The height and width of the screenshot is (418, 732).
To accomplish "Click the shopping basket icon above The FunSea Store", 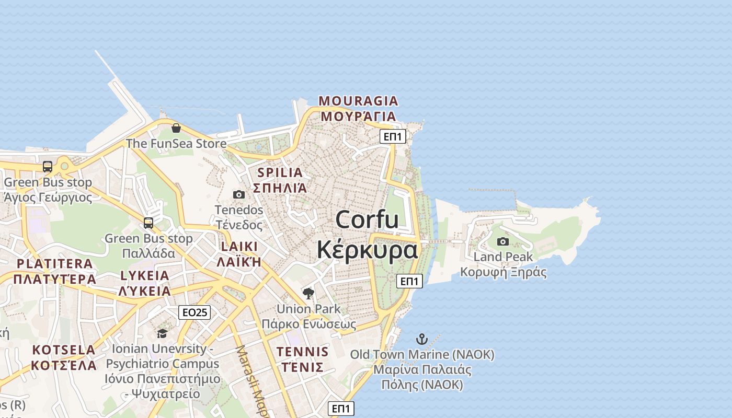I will pyautogui.click(x=176, y=128).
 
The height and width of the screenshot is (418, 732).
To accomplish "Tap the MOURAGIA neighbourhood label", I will pyautogui.click(x=359, y=101).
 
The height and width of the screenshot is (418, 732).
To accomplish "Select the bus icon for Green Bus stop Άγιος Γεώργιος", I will pyautogui.click(x=48, y=167).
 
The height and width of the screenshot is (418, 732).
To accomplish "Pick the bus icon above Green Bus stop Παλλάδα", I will pyautogui.click(x=148, y=223).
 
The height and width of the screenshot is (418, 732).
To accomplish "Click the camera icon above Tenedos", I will pyautogui.click(x=239, y=194).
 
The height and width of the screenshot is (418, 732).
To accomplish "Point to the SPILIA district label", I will pyautogui.click(x=280, y=172).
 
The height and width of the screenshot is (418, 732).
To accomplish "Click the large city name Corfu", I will pyautogui.click(x=367, y=219).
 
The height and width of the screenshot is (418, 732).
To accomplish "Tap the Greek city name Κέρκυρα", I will pyautogui.click(x=367, y=250).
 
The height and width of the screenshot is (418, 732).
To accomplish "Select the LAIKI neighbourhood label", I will pyautogui.click(x=239, y=247).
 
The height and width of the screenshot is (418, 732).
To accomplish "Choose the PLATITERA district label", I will pyautogui.click(x=55, y=264).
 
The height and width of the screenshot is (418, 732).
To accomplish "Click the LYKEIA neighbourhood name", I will pyautogui.click(x=145, y=276).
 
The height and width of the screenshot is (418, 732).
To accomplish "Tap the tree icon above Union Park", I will pyautogui.click(x=308, y=293).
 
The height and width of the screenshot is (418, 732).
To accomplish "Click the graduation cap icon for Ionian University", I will pyautogui.click(x=162, y=333).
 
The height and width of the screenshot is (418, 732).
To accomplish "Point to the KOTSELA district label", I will pyautogui.click(x=64, y=350).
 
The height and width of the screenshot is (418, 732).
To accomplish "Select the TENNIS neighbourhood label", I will pyautogui.click(x=303, y=352).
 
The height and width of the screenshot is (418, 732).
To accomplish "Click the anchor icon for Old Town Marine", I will pyautogui.click(x=422, y=339).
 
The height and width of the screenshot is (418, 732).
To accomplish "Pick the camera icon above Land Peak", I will pyautogui.click(x=503, y=241).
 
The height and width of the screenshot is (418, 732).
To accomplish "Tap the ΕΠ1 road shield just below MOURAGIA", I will pyautogui.click(x=393, y=136).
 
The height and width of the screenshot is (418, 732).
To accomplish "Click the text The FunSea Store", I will pyautogui.click(x=176, y=143).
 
